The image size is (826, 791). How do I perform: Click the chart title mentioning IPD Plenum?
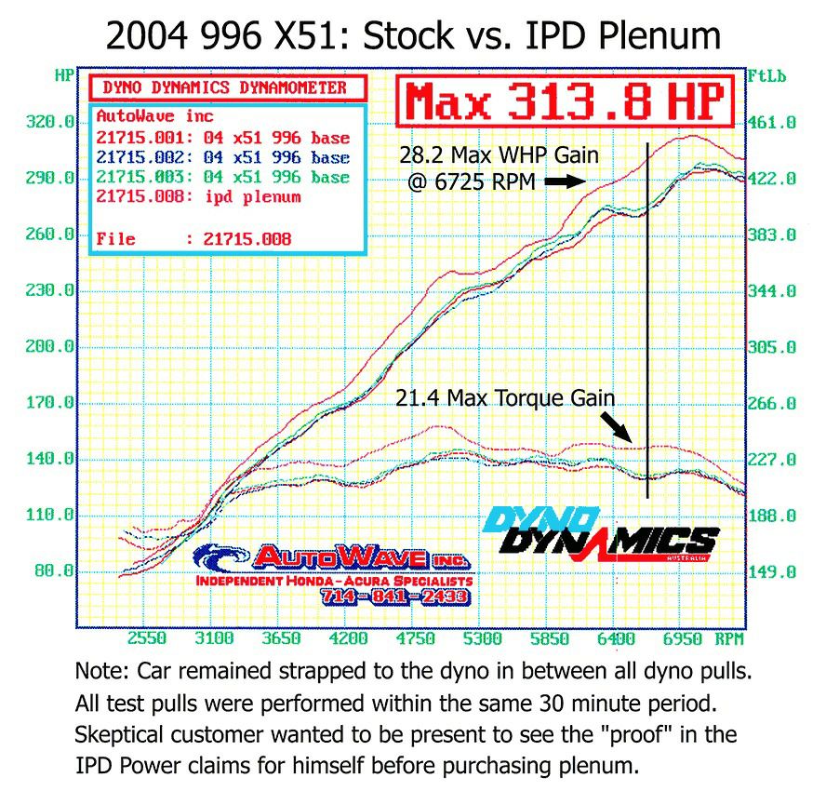tap(413, 35)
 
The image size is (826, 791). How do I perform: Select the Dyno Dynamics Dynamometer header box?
tap(227, 88)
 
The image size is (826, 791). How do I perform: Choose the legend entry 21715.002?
tap(222, 157)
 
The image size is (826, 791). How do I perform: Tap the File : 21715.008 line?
tap(193, 239)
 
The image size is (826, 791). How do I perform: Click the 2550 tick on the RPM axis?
tap(147, 639)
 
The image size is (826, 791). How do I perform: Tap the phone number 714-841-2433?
tap(394, 597)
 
